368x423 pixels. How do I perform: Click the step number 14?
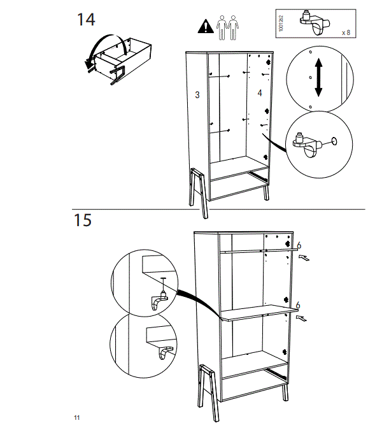click(x=86, y=19)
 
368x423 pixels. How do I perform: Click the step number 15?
click(x=83, y=220)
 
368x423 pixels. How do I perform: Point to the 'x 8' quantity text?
click(x=346, y=31)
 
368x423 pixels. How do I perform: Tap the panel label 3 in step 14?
click(x=198, y=95)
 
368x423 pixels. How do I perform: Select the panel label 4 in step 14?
click(x=259, y=94)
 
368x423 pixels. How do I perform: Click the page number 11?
click(x=76, y=417)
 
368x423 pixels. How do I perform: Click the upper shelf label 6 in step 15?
click(x=299, y=245)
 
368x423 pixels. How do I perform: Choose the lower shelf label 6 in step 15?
click(x=299, y=305)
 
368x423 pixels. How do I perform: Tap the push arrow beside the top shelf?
click(x=306, y=258)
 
